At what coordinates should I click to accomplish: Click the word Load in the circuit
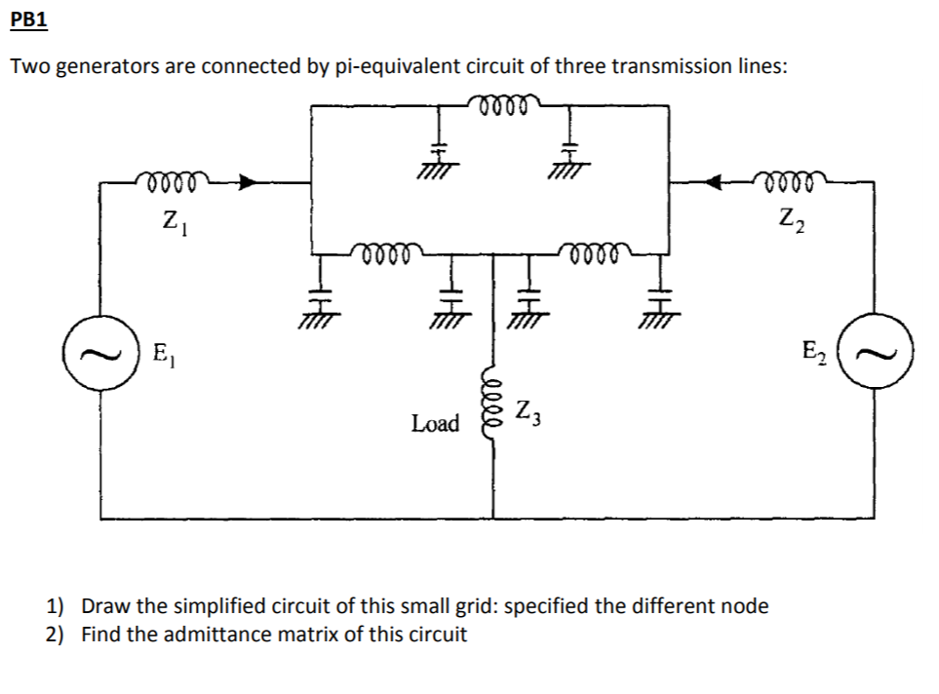pyautogui.click(x=435, y=423)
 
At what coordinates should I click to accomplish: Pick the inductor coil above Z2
pyautogui.click(x=793, y=180)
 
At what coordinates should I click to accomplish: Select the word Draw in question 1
pyautogui.click(x=105, y=605)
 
